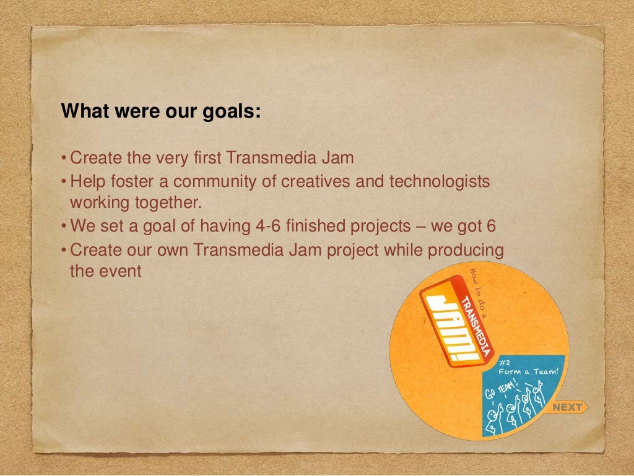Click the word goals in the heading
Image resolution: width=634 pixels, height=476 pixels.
tap(231, 112)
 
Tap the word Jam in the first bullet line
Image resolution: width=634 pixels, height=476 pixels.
tap(337, 157)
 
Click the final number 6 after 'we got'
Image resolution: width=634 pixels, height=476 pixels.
tap(491, 226)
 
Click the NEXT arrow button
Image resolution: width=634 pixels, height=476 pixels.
tap(568, 407)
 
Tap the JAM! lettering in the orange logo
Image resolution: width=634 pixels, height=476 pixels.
tap(453, 325)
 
